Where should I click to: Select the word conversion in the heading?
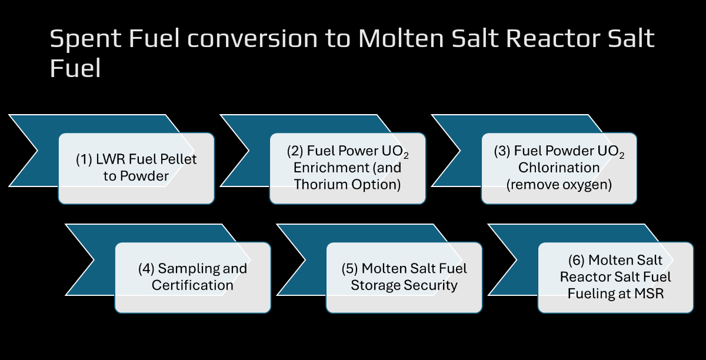[x=252, y=39]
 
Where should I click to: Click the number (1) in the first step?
[x=84, y=159]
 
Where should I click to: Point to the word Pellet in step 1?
[x=178, y=159]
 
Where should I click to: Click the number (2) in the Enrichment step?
[x=295, y=151]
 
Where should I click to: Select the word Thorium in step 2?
[x=321, y=184]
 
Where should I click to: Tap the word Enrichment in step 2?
[x=331, y=168]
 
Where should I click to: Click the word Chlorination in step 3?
[x=559, y=168]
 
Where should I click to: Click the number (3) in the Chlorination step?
[x=502, y=151]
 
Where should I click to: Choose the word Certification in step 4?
[x=192, y=285]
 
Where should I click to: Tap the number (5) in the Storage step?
[x=350, y=269]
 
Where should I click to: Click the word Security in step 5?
[x=431, y=286]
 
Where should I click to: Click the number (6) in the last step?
[x=577, y=260]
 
